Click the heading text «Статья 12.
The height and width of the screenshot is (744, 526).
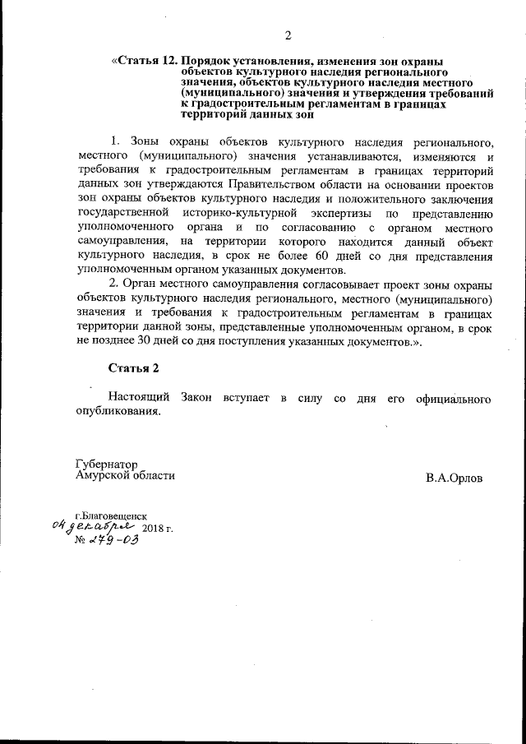click(x=145, y=61)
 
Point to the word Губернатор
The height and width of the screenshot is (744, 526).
click(x=106, y=463)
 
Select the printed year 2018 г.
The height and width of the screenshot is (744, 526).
click(x=158, y=527)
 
